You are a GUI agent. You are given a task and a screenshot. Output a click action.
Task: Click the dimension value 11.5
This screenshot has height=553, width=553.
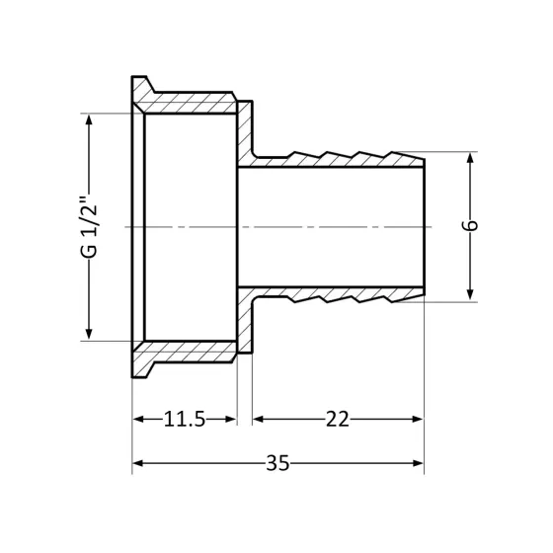(x=185, y=420)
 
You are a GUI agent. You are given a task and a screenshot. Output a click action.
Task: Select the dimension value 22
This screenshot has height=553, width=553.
(x=338, y=420)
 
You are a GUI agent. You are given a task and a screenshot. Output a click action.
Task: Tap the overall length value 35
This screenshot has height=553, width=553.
(x=277, y=463)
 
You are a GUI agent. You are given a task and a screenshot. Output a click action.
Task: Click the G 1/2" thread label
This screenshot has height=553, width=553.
(x=90, y=227)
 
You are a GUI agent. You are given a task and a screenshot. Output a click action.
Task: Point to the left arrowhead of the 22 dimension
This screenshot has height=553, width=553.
(x=259, y=420)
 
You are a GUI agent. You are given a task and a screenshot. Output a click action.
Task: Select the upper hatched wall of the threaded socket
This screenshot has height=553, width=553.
(x=188, y=104)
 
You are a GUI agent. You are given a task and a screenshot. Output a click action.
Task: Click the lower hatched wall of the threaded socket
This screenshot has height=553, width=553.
(x=188, y=350)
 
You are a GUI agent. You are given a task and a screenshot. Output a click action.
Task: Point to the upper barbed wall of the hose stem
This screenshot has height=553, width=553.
(x=336, y=160)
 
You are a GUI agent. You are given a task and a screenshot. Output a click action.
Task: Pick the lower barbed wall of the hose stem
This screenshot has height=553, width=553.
(x=336, y=293)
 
